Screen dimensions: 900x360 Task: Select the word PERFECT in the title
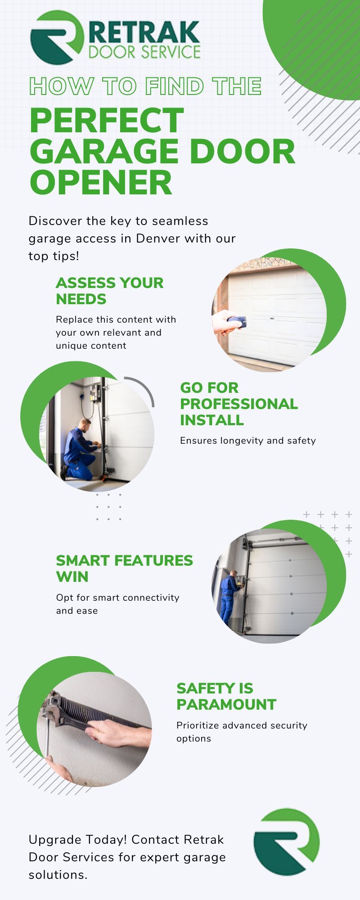(x=107, y=120)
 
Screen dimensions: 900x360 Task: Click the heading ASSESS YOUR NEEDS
(x=109, y=291)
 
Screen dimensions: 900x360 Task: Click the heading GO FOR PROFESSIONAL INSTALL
(x=238, y=404)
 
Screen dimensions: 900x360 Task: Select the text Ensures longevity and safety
(x=247, y=440)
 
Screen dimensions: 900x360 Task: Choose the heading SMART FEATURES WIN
(x=124, y=568)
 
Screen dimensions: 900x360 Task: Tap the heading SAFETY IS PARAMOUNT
(x=226, y=696)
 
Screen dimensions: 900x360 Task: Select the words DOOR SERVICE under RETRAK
(x=144, y=52)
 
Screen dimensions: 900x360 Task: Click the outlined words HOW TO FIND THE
(x=145, y=86)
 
